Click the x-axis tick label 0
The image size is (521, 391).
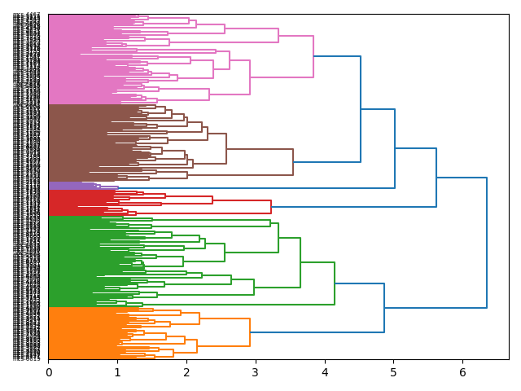pos(49,372)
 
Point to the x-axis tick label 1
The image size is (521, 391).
pos(117,372)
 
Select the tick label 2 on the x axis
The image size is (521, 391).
pos(186,372)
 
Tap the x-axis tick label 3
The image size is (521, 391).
pos(256,372)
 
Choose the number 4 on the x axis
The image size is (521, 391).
pos(325,372)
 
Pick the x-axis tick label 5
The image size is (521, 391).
pos(394,372)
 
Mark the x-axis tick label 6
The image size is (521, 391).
pos(463,372)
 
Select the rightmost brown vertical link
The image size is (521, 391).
pos(293,162)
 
